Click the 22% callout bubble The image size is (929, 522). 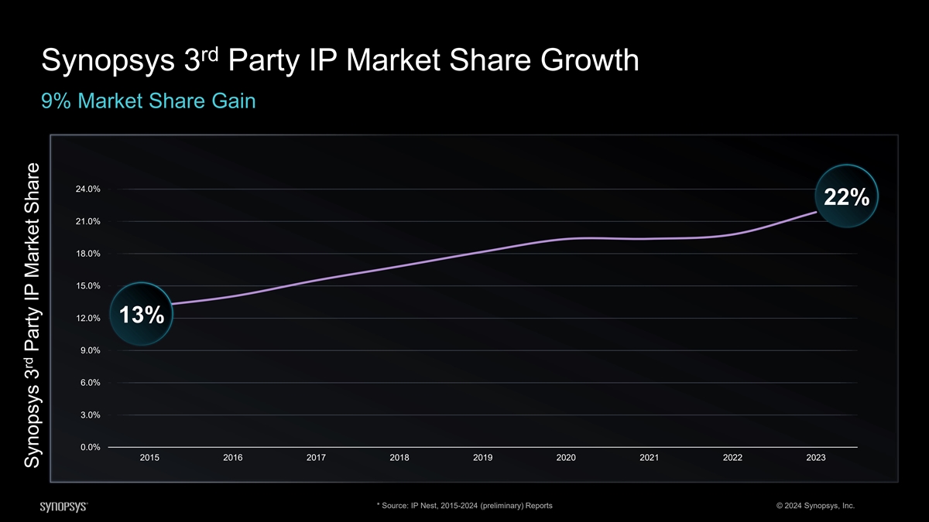(x=845, y=199)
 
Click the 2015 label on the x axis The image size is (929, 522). (x=149, y=458)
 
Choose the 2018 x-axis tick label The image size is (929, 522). (x=399, y=458)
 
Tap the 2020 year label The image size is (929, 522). (x=566, y=458)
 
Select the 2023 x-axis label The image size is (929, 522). (x=815, y=458)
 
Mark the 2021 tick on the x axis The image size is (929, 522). (x=649, y=458)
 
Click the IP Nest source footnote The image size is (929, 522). (x=464, y=506)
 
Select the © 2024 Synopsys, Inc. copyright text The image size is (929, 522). (x=814, y=506)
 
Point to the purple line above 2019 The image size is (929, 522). (x=482, y=251)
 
